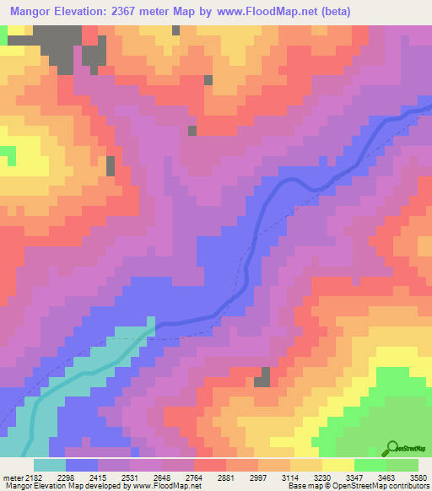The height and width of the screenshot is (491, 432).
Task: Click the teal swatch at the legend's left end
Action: [50, 464]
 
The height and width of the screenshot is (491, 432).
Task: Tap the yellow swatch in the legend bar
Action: [337, 464]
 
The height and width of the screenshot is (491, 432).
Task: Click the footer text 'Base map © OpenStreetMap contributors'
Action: [358, 485]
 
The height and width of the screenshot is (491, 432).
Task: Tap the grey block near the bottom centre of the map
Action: [265, 376]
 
